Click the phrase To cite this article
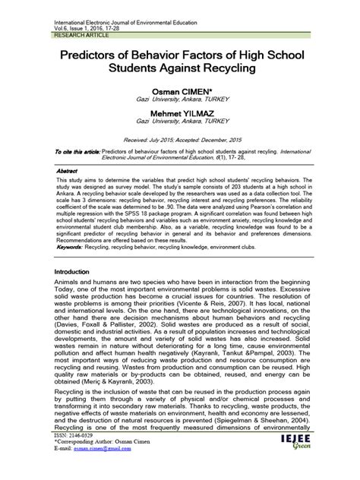click(x=76, y=152)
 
